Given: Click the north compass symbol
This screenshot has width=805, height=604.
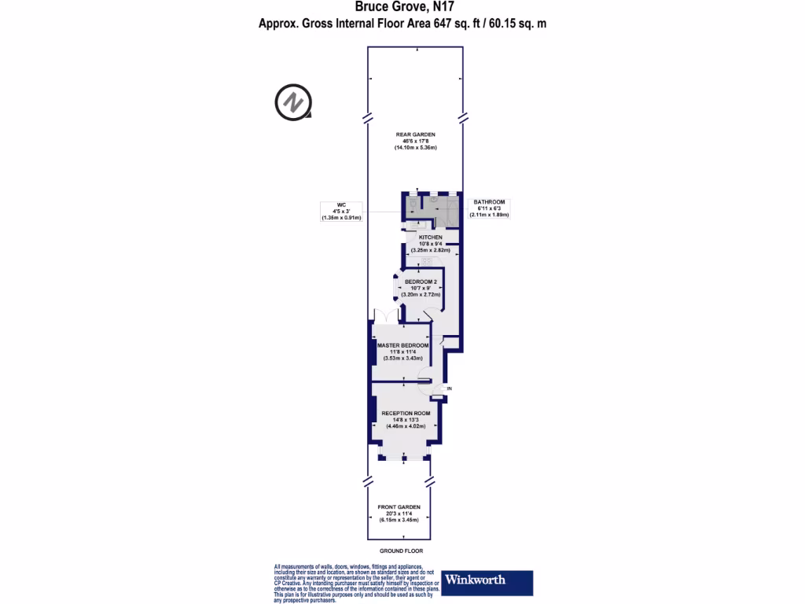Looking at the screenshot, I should pos(292,101).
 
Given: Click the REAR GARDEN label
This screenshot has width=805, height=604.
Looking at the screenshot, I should pos(415,134).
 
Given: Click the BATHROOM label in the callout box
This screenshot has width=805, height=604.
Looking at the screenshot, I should pos(489,202).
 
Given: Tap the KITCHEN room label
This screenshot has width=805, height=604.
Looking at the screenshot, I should pos(430,237).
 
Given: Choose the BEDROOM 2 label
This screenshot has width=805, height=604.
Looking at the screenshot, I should pos(421,281).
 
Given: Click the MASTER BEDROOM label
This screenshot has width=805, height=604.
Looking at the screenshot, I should pos(402,345).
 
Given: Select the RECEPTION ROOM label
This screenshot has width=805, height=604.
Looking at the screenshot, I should pos(406,413).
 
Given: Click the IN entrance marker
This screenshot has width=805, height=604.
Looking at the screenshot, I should pos(450,389).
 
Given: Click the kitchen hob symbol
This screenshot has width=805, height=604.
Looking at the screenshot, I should pos(428,260).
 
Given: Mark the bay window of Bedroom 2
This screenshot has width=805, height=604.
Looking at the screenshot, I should pos(396,287).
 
